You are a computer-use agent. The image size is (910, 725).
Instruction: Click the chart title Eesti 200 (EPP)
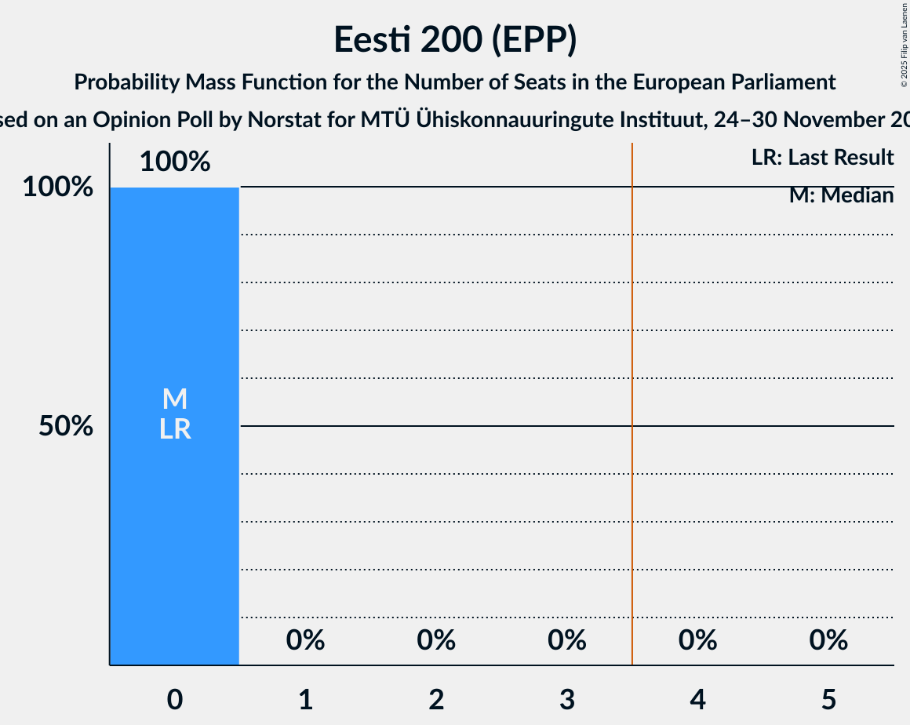tap(455, 39)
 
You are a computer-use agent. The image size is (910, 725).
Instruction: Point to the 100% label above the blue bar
tap(175, 162)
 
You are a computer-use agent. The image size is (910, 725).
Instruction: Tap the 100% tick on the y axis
tap(58, 188)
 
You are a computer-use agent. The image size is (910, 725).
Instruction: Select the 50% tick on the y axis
tap(67, 426)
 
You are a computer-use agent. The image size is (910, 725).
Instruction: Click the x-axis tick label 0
tap(175, 699)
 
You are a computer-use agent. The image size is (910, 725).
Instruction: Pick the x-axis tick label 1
tap(305, 699)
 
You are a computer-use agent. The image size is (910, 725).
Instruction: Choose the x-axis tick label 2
tap(436, 699)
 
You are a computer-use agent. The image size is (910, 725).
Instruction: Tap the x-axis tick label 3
tap(567, 699)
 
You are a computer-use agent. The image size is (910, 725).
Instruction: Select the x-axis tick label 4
tap(697, 699)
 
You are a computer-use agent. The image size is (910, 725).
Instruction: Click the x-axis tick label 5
tap(828, 699)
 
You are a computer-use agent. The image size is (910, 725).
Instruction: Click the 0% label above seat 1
tap(305, 641)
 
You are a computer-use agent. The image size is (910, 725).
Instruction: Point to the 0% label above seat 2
tap(436, 641)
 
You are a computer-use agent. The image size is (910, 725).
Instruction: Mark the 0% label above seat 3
tap(567, 641)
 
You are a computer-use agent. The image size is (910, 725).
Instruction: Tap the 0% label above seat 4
tap(697, 641)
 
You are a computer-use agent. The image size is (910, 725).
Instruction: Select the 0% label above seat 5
tap(828, 641)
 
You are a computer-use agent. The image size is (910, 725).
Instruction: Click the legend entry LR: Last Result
tap(822, 158)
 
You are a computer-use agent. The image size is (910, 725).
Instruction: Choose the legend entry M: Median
tap(841, 195)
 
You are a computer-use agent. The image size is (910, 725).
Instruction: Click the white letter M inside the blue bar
tap(175, 399)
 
